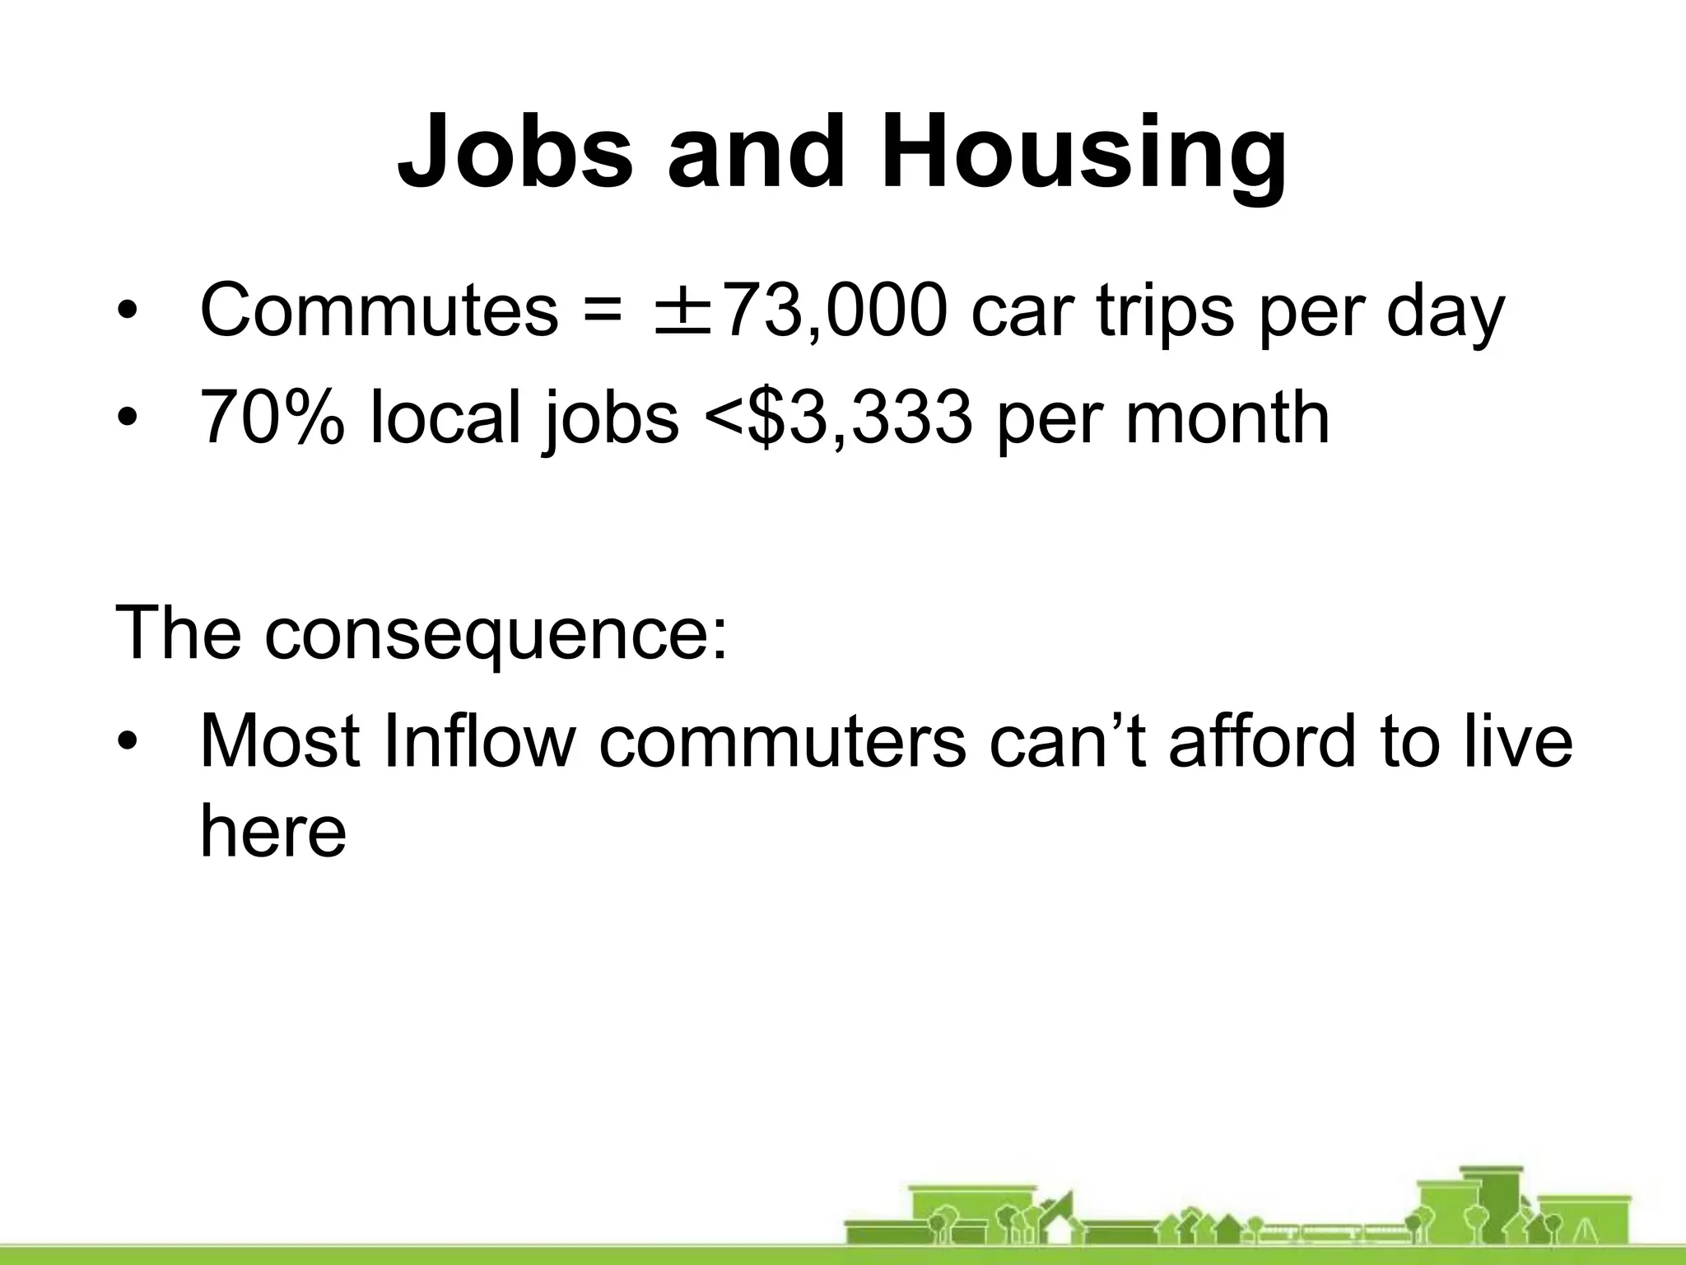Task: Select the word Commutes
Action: pos(379,311)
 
